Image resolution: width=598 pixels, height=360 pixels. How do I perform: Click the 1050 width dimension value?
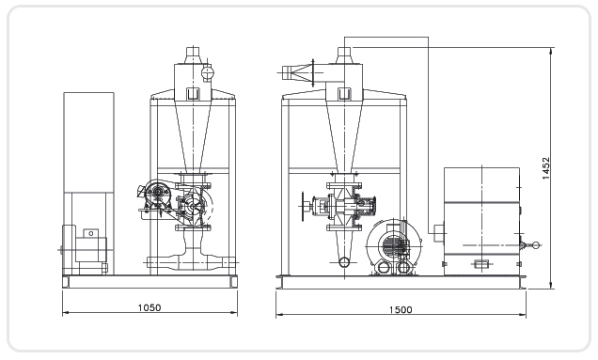point(149,307)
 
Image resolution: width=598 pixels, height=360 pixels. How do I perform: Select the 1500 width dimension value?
point(401,309)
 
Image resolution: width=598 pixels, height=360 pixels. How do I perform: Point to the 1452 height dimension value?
point(545,168)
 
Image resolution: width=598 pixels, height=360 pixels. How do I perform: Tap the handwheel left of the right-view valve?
point(304,206)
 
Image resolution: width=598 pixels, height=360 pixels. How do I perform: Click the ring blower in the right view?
point(394,246)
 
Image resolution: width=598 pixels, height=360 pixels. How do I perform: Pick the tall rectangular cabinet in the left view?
point(88,142)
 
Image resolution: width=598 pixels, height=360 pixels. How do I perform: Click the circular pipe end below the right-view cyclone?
point(344,262)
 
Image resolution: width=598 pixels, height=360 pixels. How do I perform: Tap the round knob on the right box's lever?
point(536,245)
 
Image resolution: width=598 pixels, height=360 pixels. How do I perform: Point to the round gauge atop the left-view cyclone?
point(208,71)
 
